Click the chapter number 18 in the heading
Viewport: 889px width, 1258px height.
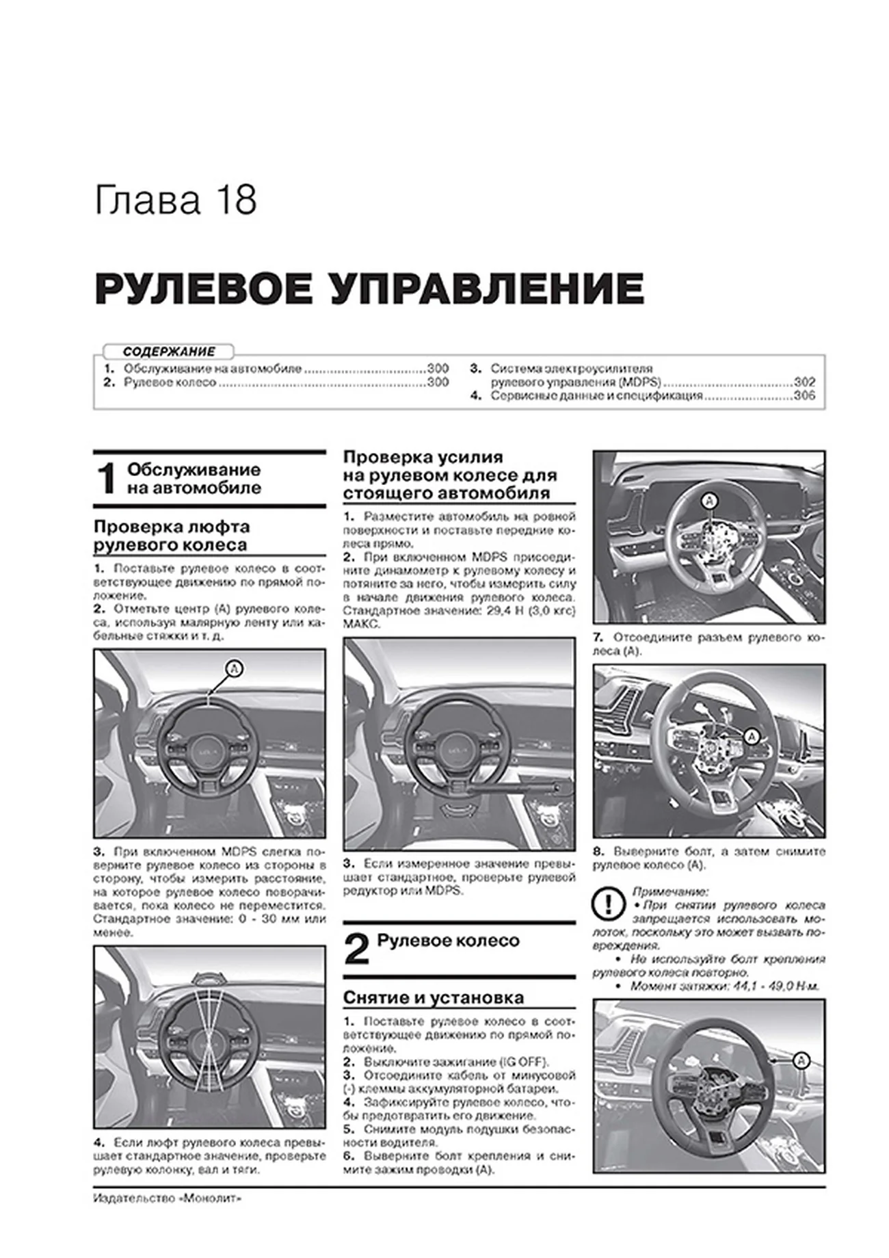click(237, 201)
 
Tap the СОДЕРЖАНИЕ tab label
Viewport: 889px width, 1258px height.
click(168, 352)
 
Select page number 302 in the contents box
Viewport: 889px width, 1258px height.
click(804, 382)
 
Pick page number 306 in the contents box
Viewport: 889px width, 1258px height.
click(804, 396)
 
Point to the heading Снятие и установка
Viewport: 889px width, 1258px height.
click(433, 997)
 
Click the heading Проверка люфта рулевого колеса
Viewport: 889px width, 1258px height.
click(171, 536)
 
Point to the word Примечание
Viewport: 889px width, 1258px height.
click(670, 891)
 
